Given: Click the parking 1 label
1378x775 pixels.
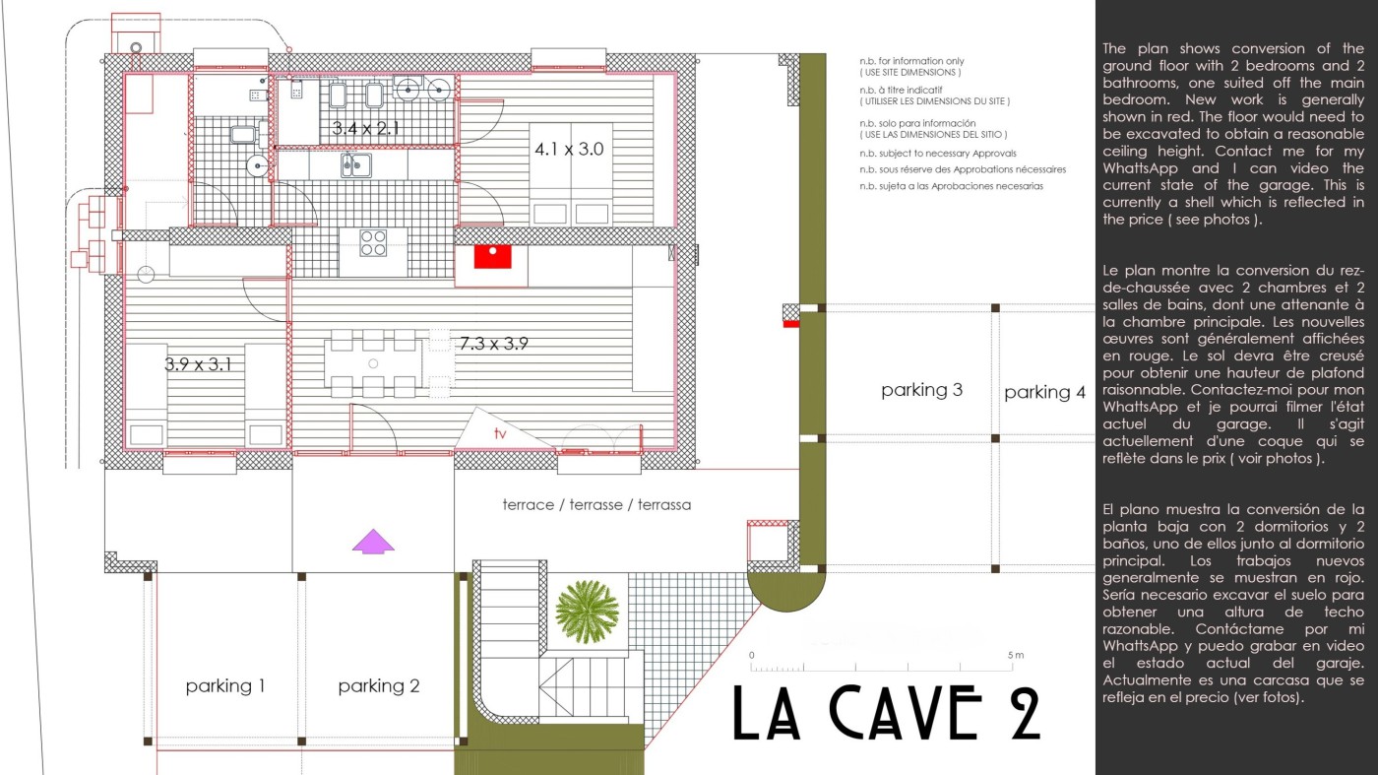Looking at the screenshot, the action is (225, 685).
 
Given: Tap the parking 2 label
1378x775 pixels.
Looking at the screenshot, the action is (378, 685).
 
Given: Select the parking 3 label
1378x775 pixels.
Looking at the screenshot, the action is (921, 390).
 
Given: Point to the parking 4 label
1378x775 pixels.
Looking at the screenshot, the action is (1044, 392).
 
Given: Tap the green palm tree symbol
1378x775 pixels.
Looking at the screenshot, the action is (587, 612).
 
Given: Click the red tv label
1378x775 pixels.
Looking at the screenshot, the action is (500, 433).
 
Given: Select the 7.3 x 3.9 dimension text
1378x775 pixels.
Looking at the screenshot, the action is (493, 344).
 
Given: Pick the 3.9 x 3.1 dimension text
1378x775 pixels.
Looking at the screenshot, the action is (198, 364).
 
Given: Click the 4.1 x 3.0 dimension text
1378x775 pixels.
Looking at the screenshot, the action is (569, 149).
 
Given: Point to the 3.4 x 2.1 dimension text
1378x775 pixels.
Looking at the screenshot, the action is (365, 128).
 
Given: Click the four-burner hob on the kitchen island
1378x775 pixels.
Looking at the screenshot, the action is (373, 242).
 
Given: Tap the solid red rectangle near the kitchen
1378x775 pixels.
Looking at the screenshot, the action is (492, 257).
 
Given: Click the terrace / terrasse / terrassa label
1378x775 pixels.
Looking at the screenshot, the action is (596, 505).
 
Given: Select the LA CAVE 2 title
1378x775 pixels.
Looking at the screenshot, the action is (887, 713).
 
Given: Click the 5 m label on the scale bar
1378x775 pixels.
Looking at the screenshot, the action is (1016, 655).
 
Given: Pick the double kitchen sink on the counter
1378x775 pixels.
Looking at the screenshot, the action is (356, 164).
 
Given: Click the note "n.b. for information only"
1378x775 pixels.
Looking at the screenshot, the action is (911, 61).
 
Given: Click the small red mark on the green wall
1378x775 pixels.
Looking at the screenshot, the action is (791, 324).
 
